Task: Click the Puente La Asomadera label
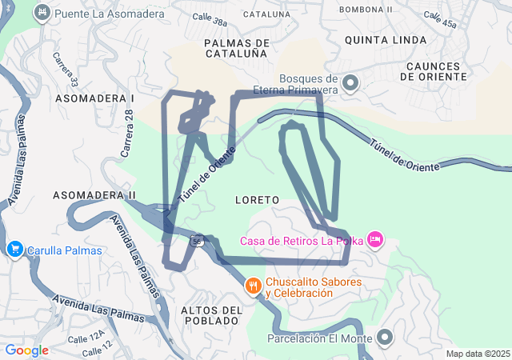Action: [x=99, y=14]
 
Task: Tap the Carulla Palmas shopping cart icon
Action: [x=14, y=250]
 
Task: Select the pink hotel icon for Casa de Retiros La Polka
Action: [x=375, y=239]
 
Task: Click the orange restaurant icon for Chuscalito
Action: [x=254, y=286]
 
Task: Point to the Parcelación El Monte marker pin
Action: [x=385, y=338]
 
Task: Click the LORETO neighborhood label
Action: [x=258, y=198]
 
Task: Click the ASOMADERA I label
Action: [x=94, y=97]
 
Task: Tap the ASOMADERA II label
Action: [x=94, y=194]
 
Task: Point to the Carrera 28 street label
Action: [x=126, y=133]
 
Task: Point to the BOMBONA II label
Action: [x=366, y=10]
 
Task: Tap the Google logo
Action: [x=26, y=350]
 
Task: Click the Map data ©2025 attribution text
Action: [x=478, y=354]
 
